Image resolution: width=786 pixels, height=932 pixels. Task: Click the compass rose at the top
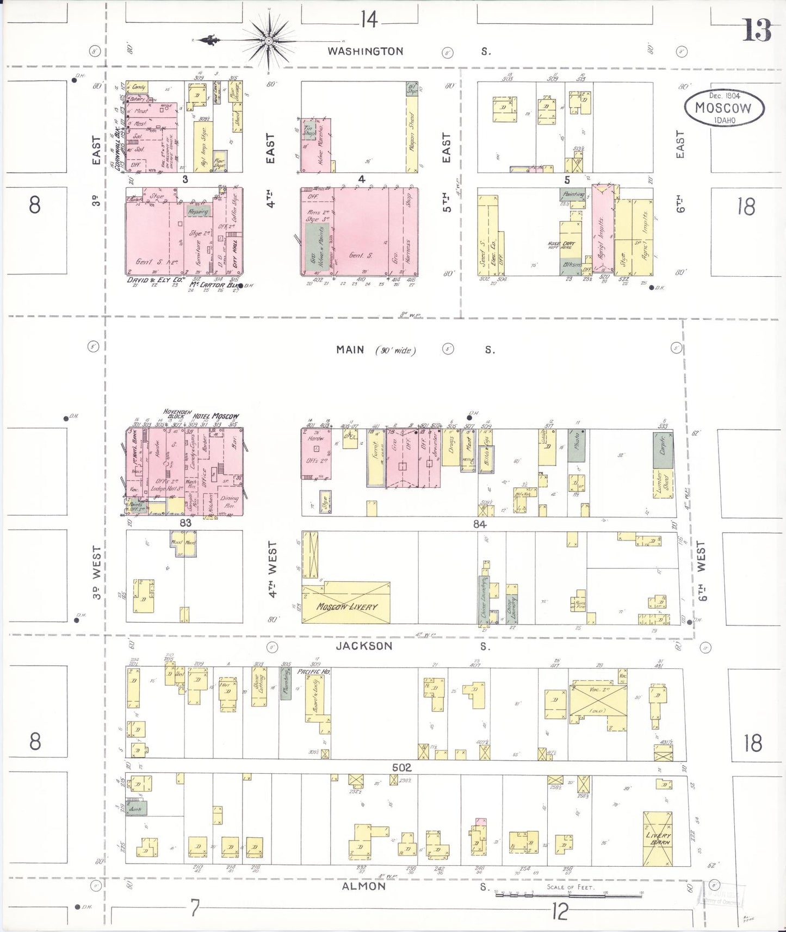point(268,40)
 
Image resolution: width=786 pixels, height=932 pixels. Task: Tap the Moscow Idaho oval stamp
point(724,108)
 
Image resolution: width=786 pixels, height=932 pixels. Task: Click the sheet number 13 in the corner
point(757,30)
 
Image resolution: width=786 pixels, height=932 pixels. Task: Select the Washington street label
point(365,51)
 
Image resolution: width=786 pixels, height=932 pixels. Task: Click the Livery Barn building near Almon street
point(658,838)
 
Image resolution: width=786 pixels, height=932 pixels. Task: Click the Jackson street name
point(364,646)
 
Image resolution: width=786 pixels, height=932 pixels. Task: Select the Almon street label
point(363,886)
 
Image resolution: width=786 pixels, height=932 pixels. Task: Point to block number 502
point(402,768)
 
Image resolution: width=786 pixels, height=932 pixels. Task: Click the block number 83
point(185,523)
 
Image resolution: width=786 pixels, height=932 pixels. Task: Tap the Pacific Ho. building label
point(314,672)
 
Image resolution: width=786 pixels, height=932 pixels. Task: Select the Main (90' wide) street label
point(375,350)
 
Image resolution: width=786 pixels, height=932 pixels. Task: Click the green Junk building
point(135,809)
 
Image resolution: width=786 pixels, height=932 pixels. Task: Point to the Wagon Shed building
point(412,133)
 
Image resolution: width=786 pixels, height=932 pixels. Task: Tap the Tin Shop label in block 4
point(309,129)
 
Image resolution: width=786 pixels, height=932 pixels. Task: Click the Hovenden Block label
point(177,413)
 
